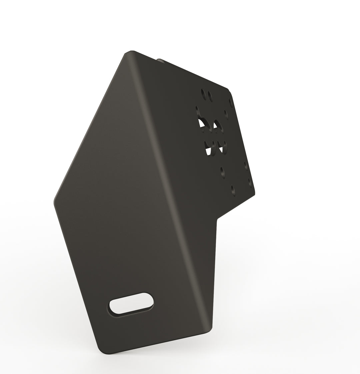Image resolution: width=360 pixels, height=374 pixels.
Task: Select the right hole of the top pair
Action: (x=210, y=96)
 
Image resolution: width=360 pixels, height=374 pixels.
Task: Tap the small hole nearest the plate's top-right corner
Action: (x=230, y=102)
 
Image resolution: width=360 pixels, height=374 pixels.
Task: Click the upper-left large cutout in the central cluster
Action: (x=202, y=125)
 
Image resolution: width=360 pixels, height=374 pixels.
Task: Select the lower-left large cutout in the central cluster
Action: (x=208, y=148)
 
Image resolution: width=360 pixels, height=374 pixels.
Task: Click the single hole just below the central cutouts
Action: (x=222, y=172)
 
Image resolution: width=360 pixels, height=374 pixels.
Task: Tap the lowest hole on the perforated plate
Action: (x=233, y=190)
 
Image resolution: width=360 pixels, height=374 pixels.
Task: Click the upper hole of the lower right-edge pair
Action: (x=246, y=166)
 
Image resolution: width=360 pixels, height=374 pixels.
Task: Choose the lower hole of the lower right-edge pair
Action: (x=250, y=182)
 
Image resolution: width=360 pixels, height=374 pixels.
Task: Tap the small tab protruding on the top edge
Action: (x=160, y=60)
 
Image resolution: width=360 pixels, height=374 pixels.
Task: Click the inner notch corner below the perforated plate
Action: (x=218, y=220)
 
